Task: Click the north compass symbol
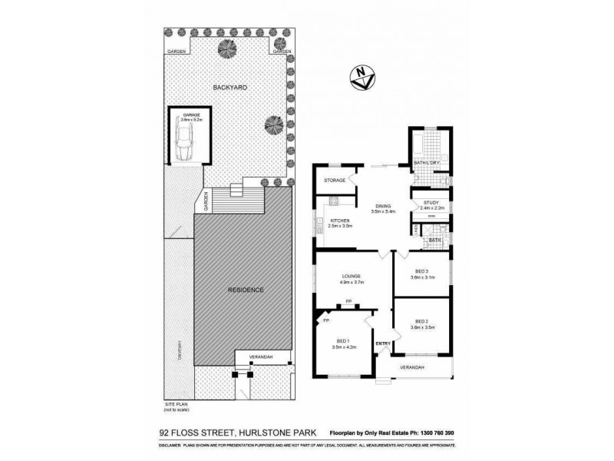click(361, 75)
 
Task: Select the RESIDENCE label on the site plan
click(246, 290)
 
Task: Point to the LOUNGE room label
click(352, 276)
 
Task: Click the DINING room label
click(384, 205)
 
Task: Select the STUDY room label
click(431, 202)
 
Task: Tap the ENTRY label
click(383, 343)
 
